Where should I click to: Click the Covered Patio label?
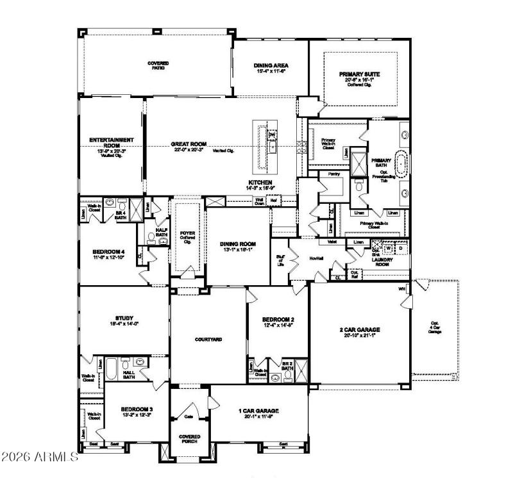158,65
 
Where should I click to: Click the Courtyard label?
208,339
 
